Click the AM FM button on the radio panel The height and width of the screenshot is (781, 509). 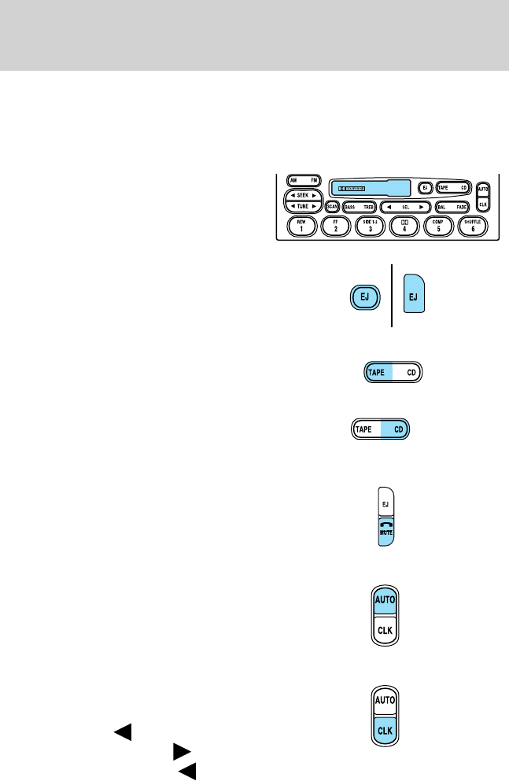point(298,180)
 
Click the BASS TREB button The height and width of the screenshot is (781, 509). point(359,206)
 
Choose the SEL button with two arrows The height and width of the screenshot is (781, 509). point(404,206)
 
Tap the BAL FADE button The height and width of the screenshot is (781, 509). point(452,206)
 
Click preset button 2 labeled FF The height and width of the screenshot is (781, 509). point(336,226)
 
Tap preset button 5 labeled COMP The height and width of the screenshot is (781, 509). point(437,226)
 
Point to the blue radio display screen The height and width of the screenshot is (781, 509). point(370,188)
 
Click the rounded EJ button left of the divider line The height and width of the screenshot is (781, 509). point(366,297)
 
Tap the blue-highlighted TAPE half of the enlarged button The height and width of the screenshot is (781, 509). point(378,373)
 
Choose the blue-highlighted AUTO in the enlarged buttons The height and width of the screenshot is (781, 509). point(385,600)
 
